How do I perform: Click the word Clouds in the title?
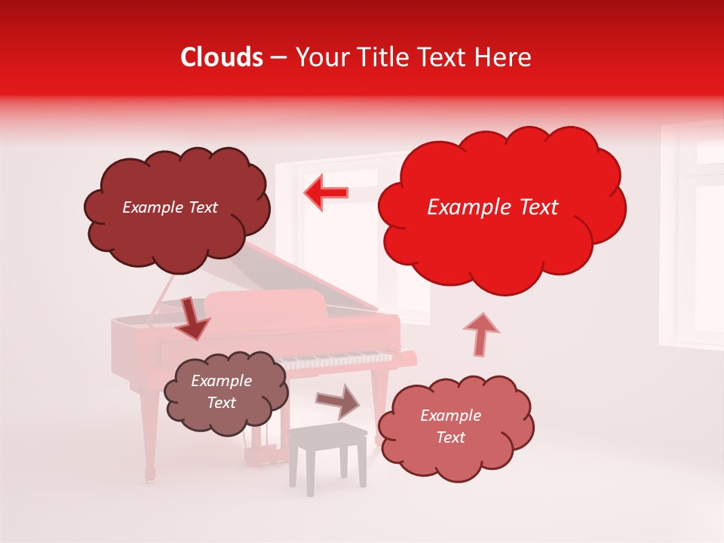click(x=222, y=57)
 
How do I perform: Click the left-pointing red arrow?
click(x=326, y=193)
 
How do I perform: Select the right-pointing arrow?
click(x=339, y=402)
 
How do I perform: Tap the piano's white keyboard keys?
click(x=339, y=360)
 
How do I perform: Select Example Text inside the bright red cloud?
click(x=492, y=207)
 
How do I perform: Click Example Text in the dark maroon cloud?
click(x=170, y=207)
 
